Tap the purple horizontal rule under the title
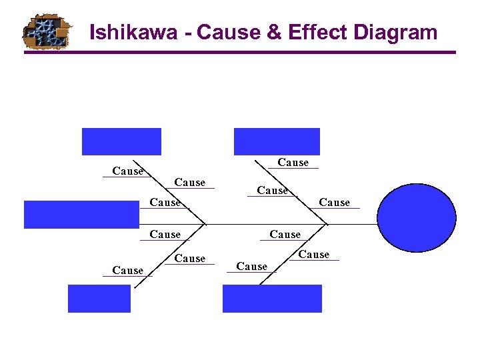(240, 53)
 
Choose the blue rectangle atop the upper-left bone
(121, 141)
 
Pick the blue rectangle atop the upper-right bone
(277, 141)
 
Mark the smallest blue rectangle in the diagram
(99, 298)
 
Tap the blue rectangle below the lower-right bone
(272, 298)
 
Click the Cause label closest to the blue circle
(334, 203)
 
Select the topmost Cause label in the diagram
(293, 163)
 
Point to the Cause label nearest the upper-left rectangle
(127, 171)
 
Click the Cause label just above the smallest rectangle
(127, 271)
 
